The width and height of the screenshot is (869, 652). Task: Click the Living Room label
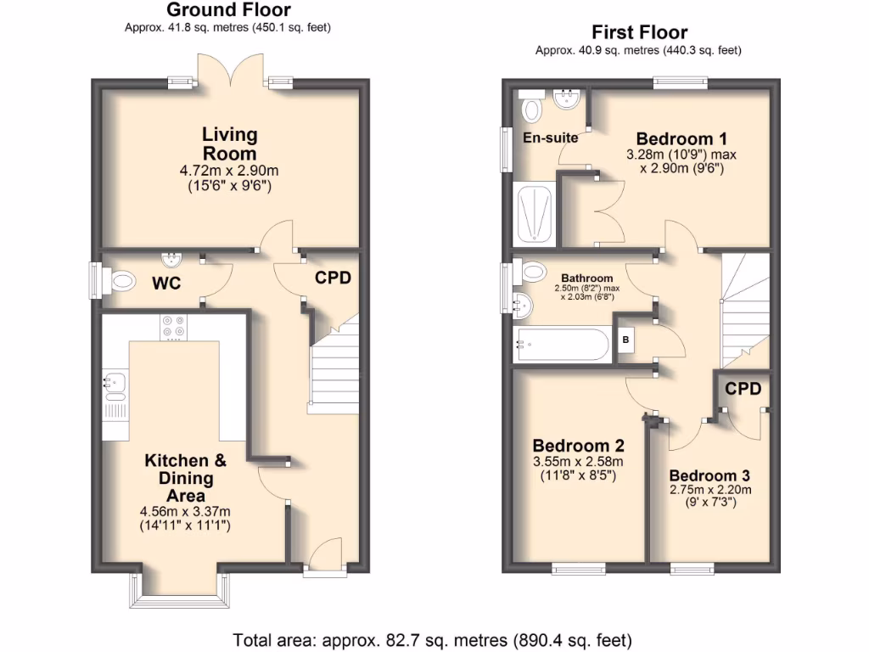[x=229, y=143]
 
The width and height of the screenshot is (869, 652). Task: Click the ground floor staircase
[x=334, y=365]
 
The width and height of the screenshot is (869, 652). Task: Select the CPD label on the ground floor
[x=333, y=278]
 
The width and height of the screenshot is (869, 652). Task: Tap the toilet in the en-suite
[x=533, y=108]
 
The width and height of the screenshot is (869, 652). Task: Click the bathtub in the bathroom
[x=561, y=346]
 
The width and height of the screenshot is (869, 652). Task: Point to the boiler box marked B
[x=628, y=339]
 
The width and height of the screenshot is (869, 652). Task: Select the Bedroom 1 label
[x=681, y=139]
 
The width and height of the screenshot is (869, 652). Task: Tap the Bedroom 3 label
[x=709, y=475]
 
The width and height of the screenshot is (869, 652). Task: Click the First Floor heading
[x=639, y=33]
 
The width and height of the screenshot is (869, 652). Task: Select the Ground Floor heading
[x=228, y=10]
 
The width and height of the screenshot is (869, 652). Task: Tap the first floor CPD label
[x=743, y=389]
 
